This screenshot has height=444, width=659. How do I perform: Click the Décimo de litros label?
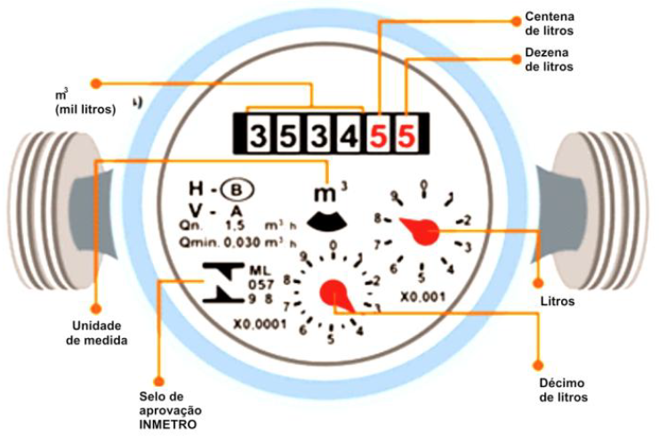[564, 390]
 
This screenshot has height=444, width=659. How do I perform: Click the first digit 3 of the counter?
[257, 136]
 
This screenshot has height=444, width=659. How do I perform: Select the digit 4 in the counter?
[350, 136]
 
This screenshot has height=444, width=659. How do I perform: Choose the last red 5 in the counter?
[406, 136]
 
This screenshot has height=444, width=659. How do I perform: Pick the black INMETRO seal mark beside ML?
[217, 282]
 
